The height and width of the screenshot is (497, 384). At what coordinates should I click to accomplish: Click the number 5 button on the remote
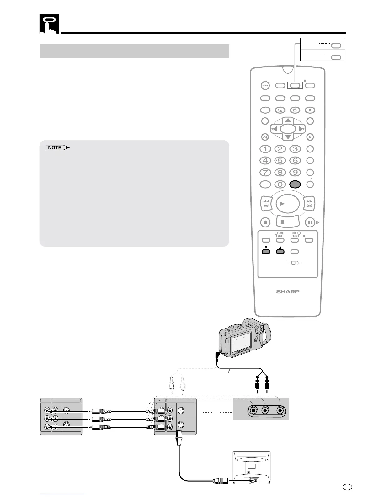point(280,161)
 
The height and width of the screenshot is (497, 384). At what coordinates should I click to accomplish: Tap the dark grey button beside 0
point(295,184)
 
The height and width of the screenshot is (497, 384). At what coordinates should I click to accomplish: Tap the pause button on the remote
point(310,222)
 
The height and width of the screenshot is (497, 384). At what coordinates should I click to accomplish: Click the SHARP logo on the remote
point(288,291)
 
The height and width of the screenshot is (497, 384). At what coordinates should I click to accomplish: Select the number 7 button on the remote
point(265,173)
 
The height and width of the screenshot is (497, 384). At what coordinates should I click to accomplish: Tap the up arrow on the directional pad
point(288,121)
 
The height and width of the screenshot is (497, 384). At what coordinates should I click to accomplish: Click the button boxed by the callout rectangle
point(295,85)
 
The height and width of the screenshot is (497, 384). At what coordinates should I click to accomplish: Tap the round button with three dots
point(265,85)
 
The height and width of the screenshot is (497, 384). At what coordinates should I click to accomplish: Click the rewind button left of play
point(266,203)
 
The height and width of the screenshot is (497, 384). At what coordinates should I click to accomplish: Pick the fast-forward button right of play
point(309,203)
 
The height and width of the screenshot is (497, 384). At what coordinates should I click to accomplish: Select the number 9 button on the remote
point(295,173)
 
